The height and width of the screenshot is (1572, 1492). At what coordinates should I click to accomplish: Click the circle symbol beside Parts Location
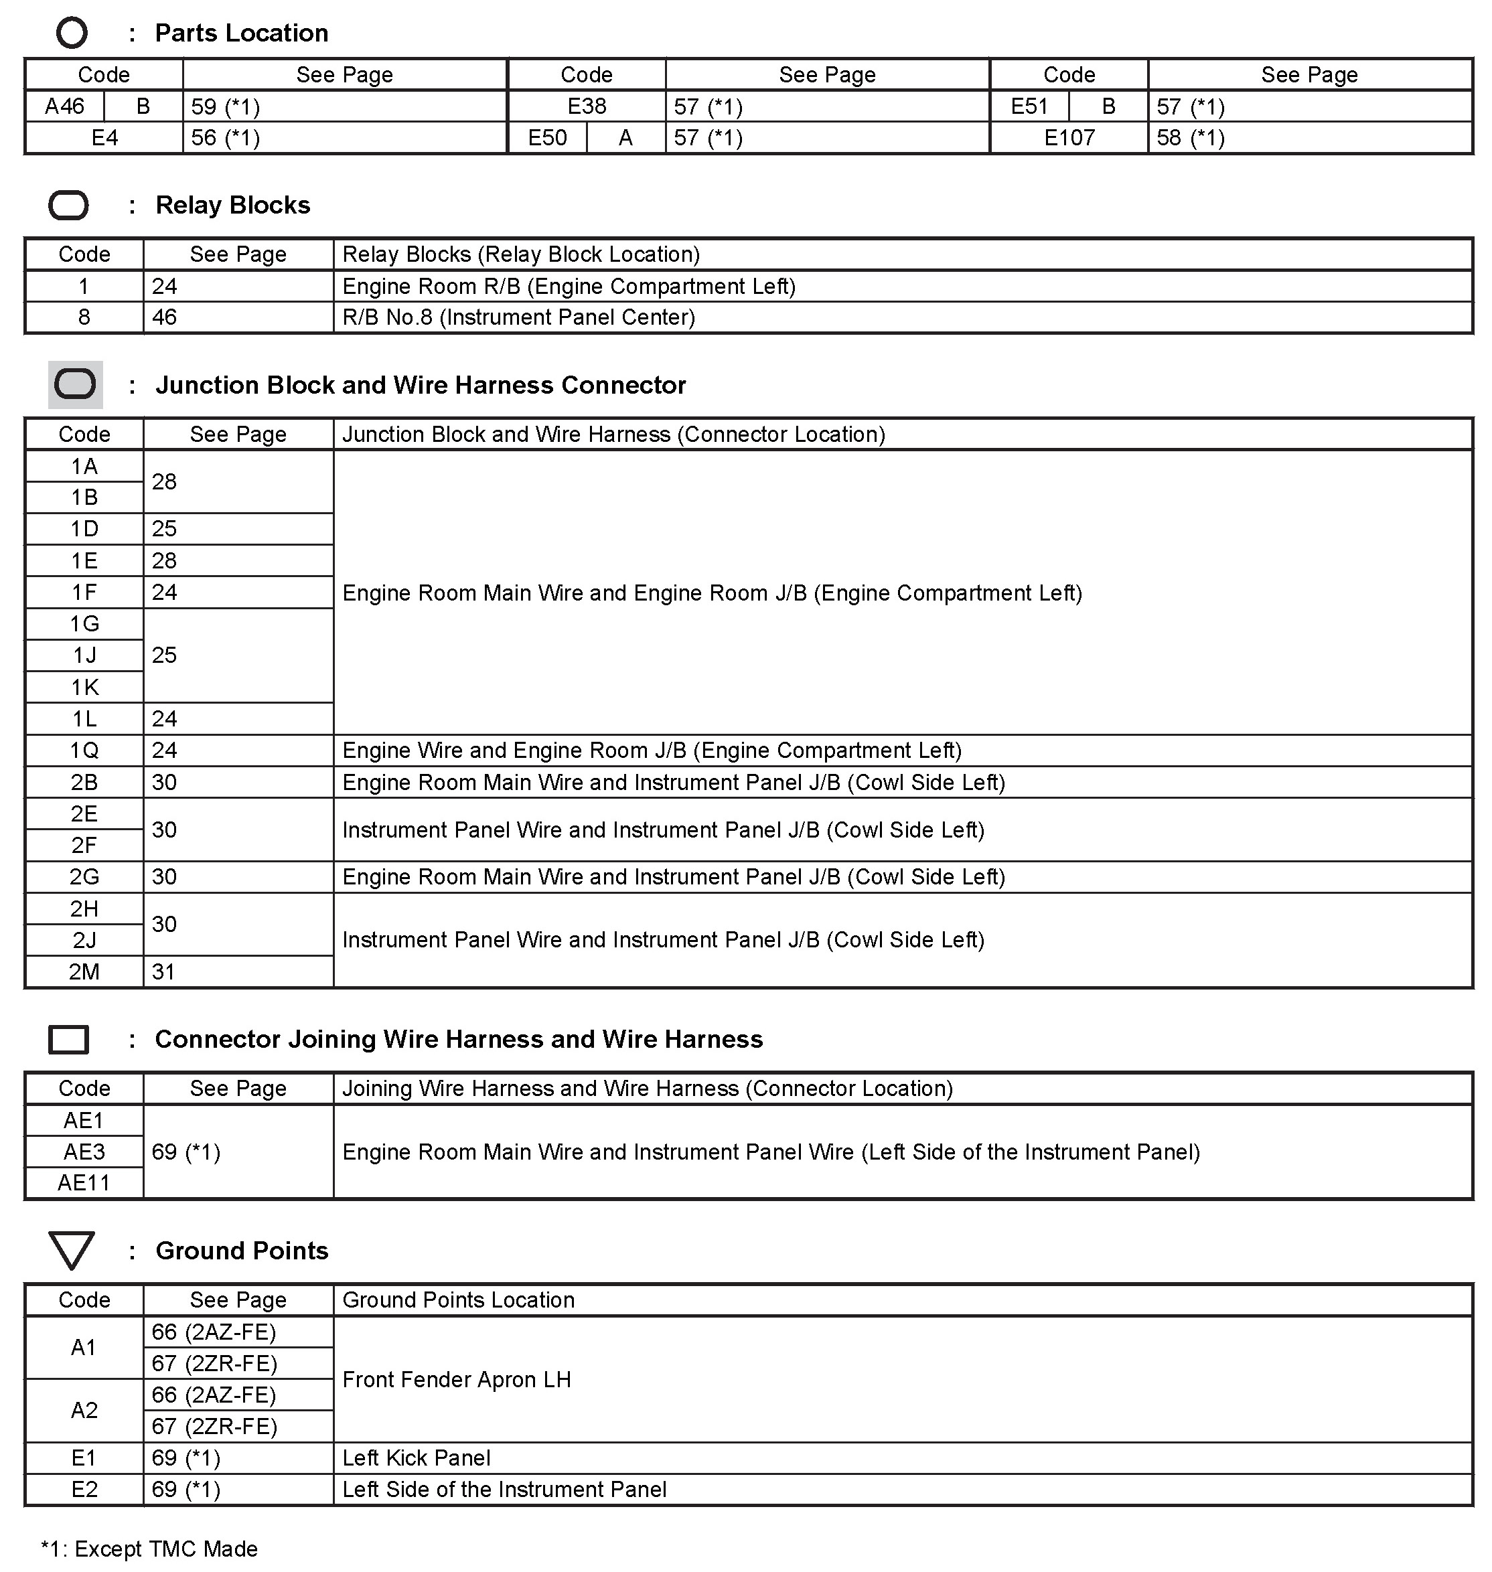point(72,33)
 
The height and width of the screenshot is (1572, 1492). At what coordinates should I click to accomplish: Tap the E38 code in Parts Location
point(587,106)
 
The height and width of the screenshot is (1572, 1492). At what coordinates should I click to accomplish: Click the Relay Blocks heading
point(232,205)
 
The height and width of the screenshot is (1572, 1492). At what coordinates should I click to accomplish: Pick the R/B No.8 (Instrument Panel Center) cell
point(518,317)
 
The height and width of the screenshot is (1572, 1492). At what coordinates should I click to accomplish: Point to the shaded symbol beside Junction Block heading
point(76,385)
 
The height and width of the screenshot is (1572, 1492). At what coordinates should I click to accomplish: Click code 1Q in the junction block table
point(84,751)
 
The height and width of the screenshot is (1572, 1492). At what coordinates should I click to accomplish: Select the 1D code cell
point(84,530)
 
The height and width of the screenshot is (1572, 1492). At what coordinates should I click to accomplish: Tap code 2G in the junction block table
point(84,877)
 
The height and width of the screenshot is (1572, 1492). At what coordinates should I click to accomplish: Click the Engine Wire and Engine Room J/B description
point(652,751)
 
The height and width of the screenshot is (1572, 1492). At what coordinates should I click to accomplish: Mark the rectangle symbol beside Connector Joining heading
point(69,1039)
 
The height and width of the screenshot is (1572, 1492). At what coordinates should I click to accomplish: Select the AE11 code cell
point(84,1183)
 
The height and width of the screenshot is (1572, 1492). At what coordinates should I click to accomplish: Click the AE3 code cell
point(84,1152)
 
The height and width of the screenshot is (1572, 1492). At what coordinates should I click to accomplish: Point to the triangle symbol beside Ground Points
point(72,1249)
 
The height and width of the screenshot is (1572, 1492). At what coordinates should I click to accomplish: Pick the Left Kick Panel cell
point(416,1458)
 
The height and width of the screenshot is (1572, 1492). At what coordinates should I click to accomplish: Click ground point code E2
point(84,1489)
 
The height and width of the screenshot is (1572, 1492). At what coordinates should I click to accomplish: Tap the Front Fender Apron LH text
point(457,1380)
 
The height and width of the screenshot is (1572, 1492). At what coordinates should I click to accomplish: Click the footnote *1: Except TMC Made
point(149,1549)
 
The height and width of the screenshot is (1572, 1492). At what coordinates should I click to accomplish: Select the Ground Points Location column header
point(458,1300)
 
